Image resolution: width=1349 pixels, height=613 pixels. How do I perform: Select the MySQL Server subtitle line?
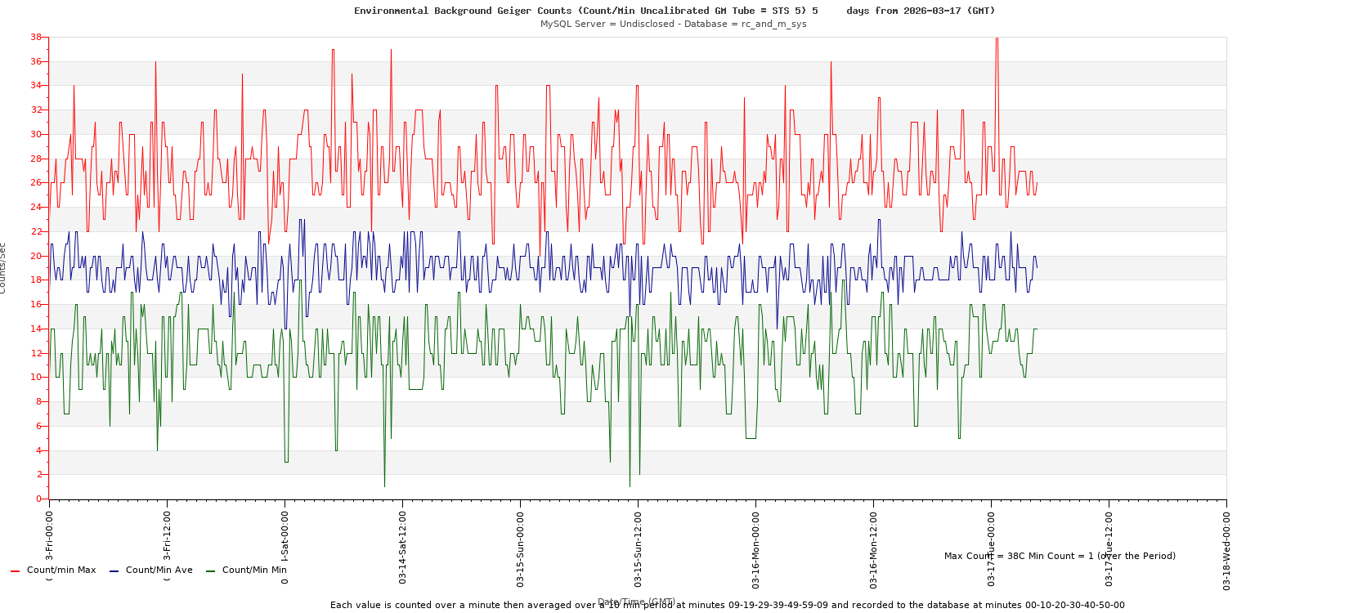673,24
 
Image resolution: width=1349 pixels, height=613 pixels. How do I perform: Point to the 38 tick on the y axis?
36,37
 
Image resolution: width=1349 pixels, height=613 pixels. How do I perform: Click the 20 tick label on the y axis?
36,256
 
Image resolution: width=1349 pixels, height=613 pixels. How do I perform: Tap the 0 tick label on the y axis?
38,499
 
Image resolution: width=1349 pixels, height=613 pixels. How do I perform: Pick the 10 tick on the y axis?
36,377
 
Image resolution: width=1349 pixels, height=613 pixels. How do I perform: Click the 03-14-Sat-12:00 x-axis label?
403,548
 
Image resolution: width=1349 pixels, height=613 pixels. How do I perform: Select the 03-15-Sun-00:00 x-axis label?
521,548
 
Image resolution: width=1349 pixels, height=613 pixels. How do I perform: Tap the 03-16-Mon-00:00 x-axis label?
756,548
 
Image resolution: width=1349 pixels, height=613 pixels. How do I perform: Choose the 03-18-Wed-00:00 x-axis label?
1227,548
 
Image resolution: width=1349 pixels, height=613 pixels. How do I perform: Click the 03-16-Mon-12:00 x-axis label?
874,548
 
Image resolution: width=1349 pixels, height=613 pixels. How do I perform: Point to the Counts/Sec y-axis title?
3,268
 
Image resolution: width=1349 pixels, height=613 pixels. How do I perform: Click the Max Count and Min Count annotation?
1060,556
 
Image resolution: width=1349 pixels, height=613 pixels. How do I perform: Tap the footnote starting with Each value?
727,605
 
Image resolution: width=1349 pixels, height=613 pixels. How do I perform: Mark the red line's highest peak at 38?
997,38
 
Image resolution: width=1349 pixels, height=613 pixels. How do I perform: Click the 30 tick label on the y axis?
36,134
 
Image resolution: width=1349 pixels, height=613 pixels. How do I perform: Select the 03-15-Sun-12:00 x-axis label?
639,548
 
